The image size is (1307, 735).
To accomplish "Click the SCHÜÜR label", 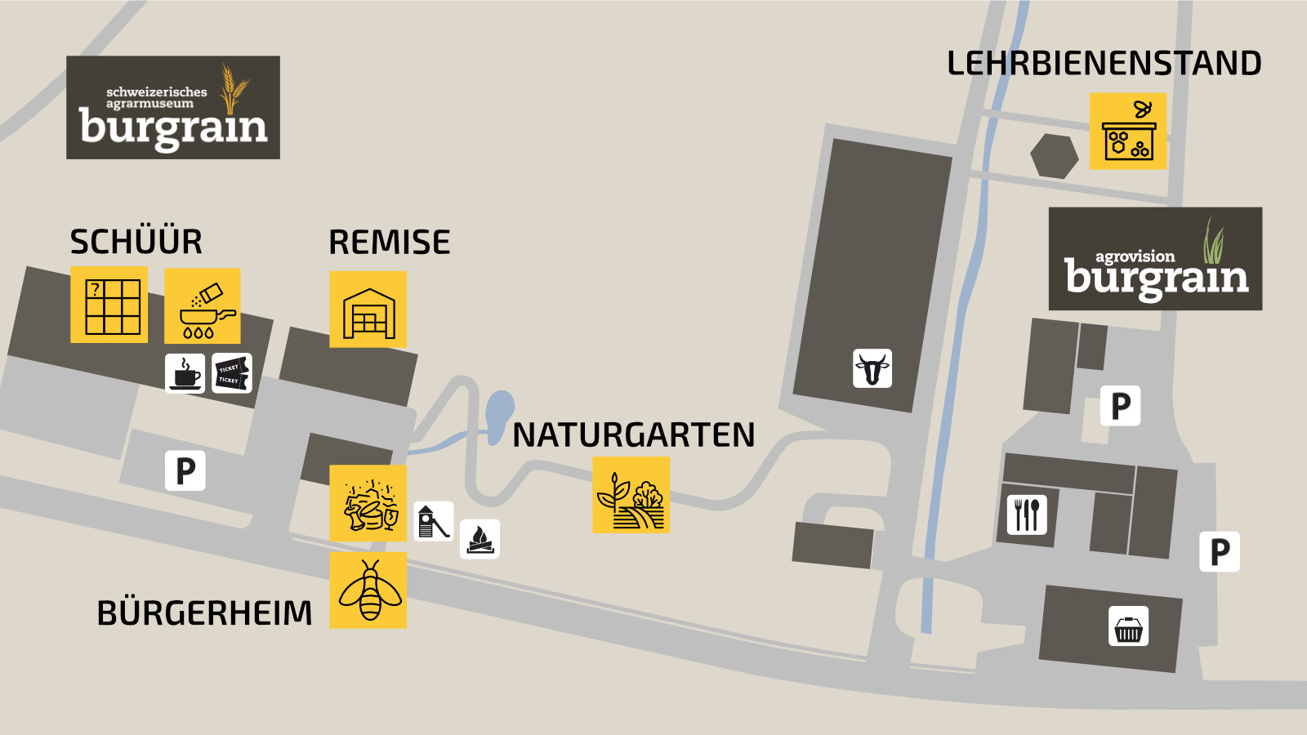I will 136,242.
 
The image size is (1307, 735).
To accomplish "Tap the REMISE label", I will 389,243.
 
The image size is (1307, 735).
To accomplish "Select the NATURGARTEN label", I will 633,434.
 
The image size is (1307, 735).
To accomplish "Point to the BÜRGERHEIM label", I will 204,612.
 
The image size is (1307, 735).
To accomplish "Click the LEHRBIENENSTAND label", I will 1104,64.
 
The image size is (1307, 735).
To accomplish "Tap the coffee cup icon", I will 185,373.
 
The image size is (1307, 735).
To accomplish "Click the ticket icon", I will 232,373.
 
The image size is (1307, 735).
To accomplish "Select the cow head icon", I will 872,367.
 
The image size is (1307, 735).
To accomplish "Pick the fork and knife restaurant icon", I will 1027,514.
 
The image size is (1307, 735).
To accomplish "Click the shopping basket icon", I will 1128,626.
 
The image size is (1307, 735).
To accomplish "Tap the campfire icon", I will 480,539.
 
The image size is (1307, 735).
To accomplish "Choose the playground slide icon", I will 433,521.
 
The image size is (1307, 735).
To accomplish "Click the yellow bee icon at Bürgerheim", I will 368,590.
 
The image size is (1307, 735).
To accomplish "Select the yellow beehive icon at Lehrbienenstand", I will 1128,131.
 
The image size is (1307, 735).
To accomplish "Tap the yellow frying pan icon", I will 203,306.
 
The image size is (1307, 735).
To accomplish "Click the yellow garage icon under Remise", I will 368,310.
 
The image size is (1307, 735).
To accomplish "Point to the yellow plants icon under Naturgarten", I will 631,495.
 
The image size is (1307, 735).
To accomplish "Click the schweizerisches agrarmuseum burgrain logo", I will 173,108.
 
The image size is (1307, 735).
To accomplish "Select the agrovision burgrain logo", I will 1155,259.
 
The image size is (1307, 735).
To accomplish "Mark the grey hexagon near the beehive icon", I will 1054,155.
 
